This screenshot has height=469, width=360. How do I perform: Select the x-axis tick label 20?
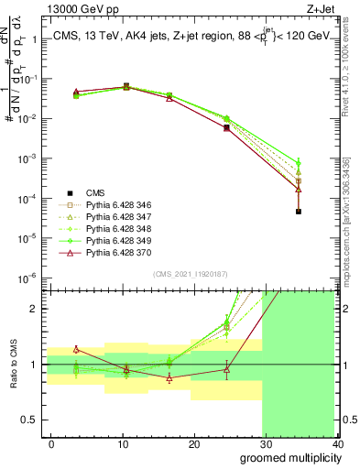point(193,443)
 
